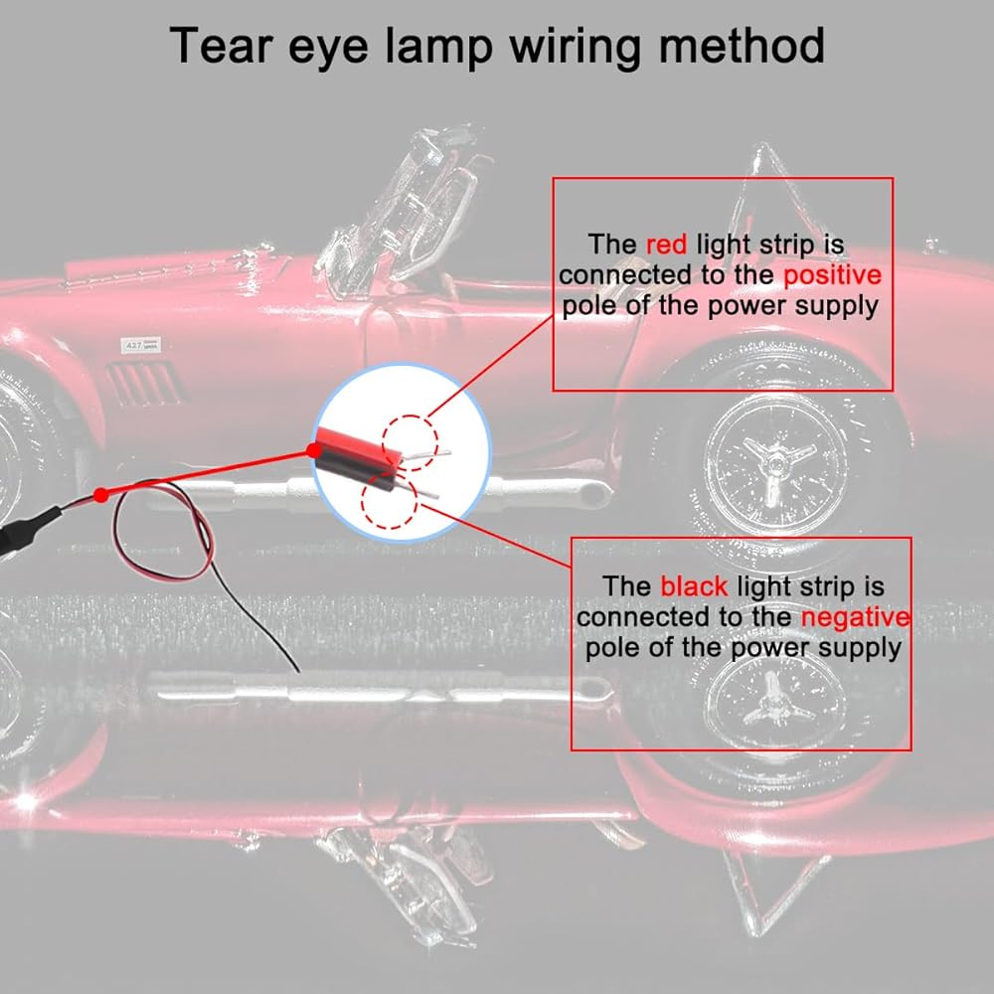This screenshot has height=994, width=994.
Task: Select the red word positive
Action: pos(832,274)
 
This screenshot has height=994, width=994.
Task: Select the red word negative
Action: pos(856,617)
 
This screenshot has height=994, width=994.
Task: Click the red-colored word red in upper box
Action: pos(666,245)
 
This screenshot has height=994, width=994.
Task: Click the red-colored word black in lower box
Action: pos(694,586)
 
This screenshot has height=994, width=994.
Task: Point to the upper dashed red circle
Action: pos(410,440)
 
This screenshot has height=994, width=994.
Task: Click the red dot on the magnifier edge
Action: pos(315,451)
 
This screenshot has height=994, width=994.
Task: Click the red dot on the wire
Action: pos(100,494)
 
